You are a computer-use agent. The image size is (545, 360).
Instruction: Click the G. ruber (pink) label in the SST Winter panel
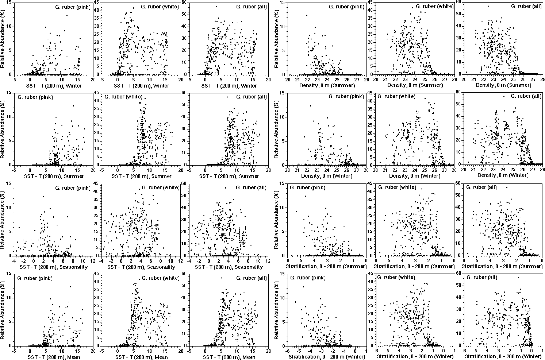point(72,7)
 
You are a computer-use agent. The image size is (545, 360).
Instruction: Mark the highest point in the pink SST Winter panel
point(67,15)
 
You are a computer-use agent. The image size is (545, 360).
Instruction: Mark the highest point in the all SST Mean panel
point(221,278)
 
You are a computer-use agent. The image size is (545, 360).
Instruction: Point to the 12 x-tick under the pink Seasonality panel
point(92,261)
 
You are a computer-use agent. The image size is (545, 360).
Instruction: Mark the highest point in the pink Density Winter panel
point(310,105)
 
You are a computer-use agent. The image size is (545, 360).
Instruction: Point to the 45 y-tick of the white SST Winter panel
point(97,3)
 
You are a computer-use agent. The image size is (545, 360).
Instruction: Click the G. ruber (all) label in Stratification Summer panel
point(481,187)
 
